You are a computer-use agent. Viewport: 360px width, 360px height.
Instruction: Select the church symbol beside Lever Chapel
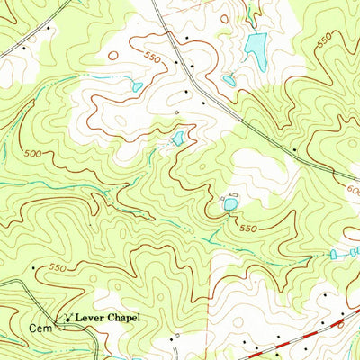coord(66,318)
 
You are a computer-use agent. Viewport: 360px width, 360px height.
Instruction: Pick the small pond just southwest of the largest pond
coord(229,81)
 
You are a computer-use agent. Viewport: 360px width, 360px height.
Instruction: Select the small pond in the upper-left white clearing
coord(137,87)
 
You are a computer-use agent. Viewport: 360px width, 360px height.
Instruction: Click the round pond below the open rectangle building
coord(230,206)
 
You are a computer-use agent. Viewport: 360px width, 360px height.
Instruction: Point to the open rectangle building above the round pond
coord(234,194)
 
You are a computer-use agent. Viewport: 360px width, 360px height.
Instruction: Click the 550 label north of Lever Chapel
coord(58,267)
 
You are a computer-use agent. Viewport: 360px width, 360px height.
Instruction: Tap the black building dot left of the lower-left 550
coord(34,267)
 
